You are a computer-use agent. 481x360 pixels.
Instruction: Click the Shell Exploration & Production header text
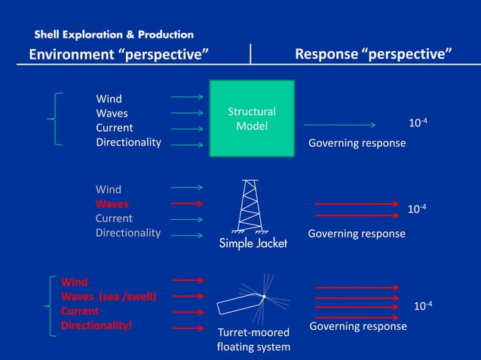(x=114, y=35)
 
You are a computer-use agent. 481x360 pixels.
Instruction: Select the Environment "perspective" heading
(x=118, y=54)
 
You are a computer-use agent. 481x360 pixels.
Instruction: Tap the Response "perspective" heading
(x=373, y=54)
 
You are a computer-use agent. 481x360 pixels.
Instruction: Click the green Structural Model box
(x=251, y=119)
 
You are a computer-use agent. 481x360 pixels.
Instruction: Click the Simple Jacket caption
(x=253, y=243)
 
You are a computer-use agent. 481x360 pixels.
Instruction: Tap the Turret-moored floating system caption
(x=253, y=339)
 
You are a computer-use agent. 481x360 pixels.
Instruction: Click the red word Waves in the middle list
(x=112, y=204)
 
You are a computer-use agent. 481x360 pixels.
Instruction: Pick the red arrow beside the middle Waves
(x=187, y=204)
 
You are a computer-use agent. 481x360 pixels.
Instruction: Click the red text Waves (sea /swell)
(x=109, y=297)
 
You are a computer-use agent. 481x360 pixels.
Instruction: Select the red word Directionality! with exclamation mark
(x=97, y=325)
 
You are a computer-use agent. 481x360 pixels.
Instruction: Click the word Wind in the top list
(x=109, y=99)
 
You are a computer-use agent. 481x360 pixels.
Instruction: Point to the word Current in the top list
(x=114, y=128)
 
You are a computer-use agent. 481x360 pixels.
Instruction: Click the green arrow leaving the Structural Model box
(x=339, y=125)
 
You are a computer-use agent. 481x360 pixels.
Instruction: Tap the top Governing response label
(x=357, y=143)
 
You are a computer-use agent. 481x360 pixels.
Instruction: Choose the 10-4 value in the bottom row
(x=423, y=305)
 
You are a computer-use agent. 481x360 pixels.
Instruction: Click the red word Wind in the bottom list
(x=74, y=282)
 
